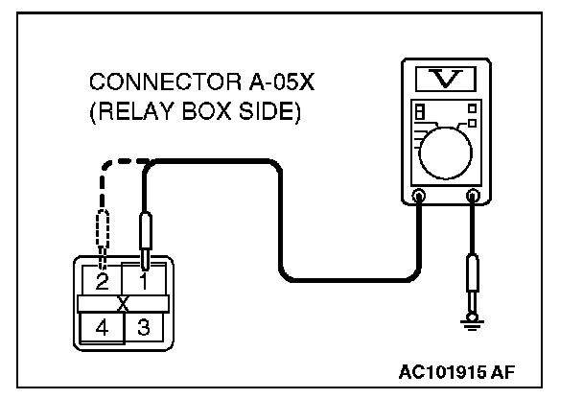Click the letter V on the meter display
445,77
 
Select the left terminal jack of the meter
418,197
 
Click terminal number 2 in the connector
103,282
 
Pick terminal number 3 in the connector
144,328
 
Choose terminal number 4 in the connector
100,328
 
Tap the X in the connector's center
123,304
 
